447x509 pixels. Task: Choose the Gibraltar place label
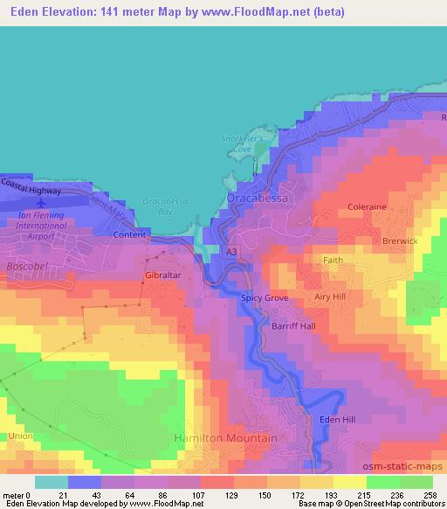click(x=162, y=275)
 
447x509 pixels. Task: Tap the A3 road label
click(x=231, y=252)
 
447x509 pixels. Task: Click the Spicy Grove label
click(x=264, y=298)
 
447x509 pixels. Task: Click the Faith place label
click(x=333, y=261)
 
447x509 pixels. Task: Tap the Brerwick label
click(x=400, y=241)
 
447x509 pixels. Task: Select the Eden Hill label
click(x=337, y=420)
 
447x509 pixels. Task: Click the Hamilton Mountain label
click(x=225, y=437)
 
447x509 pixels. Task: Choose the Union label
click(x=20, y=436)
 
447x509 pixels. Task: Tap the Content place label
click(x=129, y=235)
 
